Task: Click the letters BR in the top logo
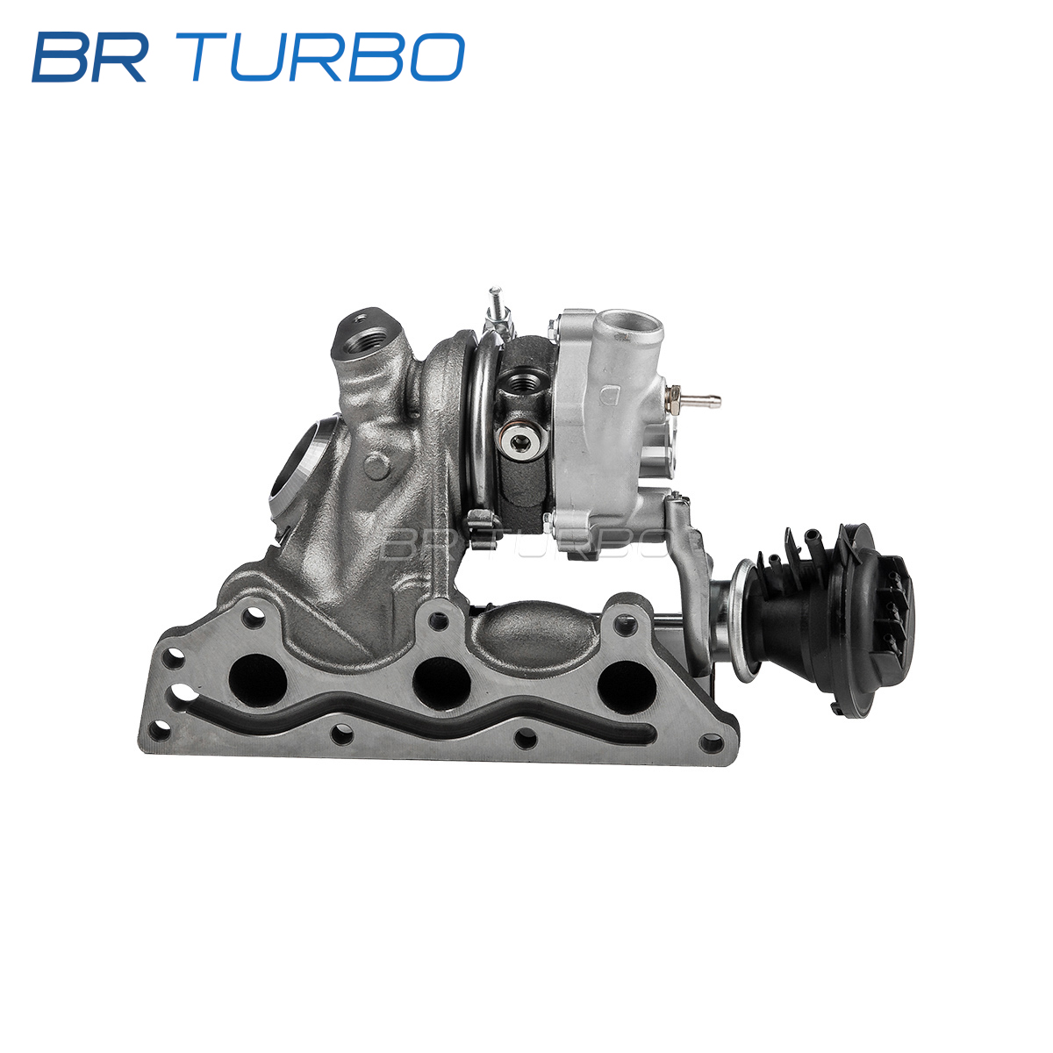(90, 57)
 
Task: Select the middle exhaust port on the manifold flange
(441, 683)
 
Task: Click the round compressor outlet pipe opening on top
(631, 321)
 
